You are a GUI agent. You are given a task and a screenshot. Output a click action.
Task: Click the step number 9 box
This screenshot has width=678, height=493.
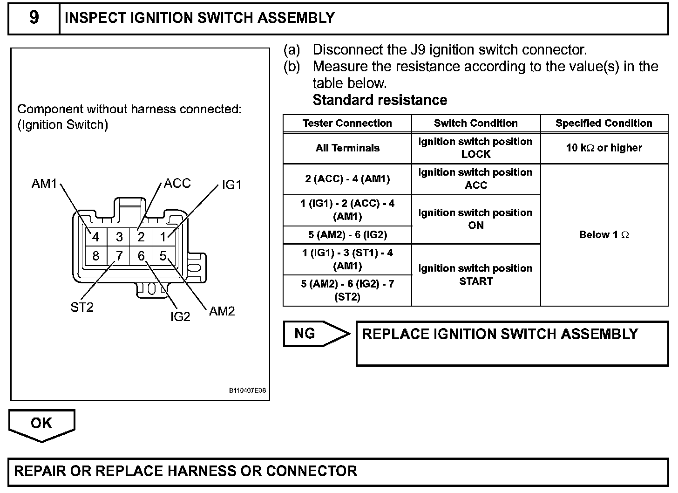[34, 18]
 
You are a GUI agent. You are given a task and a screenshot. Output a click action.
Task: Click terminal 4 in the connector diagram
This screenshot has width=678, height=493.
[95, 237]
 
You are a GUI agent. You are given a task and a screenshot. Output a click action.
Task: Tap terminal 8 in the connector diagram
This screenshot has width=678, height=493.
[95, 256]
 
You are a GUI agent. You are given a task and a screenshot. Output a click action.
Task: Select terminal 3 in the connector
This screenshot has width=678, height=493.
[119, 237]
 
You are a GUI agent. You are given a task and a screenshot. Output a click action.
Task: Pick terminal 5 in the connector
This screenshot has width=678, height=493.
[163, 256]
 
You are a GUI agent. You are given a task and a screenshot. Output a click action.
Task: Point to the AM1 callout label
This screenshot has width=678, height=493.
[44, 184]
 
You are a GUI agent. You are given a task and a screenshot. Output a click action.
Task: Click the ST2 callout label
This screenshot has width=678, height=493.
[82, 307]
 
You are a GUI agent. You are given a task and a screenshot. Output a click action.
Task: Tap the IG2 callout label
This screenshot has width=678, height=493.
[180, 316]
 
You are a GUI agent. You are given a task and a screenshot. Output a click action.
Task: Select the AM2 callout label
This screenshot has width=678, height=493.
[222, 311]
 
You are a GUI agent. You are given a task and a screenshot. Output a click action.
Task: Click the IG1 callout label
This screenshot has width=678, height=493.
[231, 185]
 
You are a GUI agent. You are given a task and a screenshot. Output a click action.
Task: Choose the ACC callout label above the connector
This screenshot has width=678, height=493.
[177, 183]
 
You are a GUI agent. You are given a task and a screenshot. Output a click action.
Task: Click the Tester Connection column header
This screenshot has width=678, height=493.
[347, 123]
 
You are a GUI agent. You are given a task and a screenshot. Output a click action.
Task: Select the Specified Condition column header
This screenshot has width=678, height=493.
[603, 123]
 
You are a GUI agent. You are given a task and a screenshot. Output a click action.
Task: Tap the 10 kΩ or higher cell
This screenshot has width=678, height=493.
[603, 148]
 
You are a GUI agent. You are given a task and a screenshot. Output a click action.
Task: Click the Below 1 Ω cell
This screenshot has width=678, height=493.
[603, 235]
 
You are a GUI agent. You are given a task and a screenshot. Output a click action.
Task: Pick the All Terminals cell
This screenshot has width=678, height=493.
[347, 148]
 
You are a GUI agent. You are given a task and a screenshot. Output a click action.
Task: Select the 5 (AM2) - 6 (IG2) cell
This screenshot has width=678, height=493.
[347, 235]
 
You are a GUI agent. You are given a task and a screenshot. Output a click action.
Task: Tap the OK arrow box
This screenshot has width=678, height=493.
[41, 424]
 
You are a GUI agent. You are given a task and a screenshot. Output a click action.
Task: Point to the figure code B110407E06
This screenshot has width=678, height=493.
[247, 390]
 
